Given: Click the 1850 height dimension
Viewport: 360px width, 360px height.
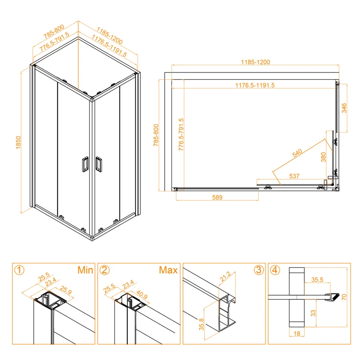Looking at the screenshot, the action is click(x=18, y=142).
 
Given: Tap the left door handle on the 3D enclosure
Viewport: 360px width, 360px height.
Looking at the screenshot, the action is click(x=85, y=164).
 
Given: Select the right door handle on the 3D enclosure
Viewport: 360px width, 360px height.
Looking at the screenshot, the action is click(x=99, y=164).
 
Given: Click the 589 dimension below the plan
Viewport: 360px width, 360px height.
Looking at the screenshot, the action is click(x=217, y=197).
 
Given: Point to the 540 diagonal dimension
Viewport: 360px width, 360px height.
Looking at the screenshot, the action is click(x=297, y=153).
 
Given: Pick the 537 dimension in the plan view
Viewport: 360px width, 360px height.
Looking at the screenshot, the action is click(x=294, y=176).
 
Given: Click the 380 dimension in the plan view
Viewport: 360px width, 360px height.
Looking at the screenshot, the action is click(x=323, y=157).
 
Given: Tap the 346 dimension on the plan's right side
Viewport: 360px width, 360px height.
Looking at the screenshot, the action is click(x=344, y=108).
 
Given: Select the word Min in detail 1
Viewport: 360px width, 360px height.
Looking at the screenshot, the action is click(x=85, y=270).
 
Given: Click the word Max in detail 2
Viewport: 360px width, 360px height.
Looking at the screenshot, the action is click(x=168, y=270).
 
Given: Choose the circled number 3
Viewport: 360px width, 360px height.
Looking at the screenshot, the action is click(x=258, y=270).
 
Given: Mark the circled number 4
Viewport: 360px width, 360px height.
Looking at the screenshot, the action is click(x=275, y=270).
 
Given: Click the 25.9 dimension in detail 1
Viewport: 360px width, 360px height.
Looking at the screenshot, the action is click(x=66, y=290).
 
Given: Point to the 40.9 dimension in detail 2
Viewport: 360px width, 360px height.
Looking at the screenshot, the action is click(x=142, y=294).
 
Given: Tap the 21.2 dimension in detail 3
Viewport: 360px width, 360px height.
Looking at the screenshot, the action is click(x=225, y=277).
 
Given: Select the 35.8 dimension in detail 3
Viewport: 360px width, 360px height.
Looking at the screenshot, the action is click(x=201, y=324).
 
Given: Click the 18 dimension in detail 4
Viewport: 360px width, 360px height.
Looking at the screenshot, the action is click(x=297, y=333).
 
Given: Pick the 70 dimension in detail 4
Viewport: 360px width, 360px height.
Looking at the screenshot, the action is click(x=344, y=297).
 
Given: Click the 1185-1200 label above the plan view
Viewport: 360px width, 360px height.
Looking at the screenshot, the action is click(x=255, y=62).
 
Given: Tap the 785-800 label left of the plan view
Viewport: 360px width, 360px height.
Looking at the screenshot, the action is click(x=156, y=135).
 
